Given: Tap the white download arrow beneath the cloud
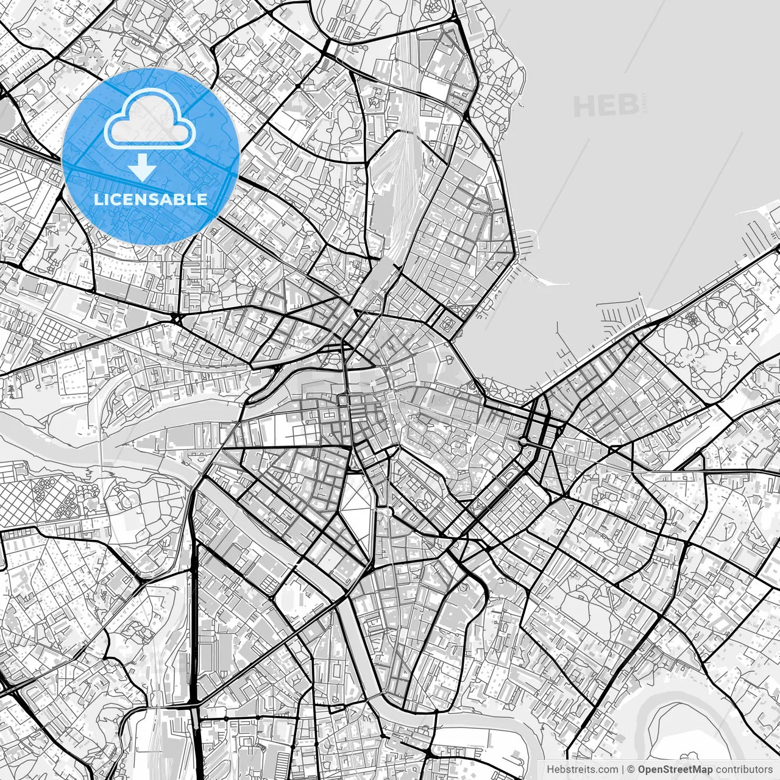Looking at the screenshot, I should tap(143, 168).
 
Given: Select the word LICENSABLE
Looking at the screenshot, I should tap(150, 199).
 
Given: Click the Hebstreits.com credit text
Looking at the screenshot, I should tap(582, 770).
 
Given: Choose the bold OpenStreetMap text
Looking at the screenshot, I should tap(675, 770).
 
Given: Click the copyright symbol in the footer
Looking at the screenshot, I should tap(632, 770).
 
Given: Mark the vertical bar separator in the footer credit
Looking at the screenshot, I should tap(623, 770).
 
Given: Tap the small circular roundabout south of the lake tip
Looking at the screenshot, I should tap(523, 441).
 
